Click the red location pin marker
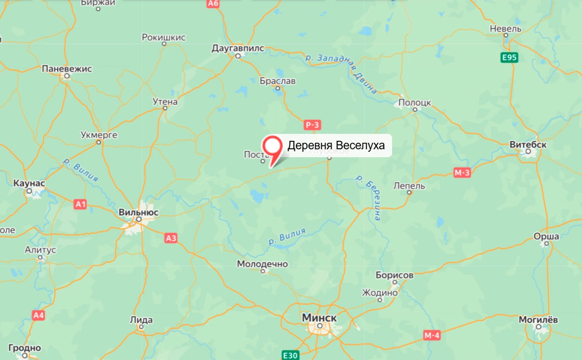click(272, 146)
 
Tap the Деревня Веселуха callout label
click(335, 145)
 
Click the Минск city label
click(319, 318)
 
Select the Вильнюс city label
click(139, 212)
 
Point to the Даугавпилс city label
click(238, 48)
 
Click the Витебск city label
click(528, 144)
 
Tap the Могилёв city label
click(538, 320)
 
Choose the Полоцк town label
click(414, 103)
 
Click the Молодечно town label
click(262, 264)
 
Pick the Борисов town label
click(394, 275)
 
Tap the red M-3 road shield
click(462, 172)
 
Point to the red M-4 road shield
click(432, 335)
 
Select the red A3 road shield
click(171, 238)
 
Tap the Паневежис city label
click(67, 69)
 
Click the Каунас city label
click(30, 183)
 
